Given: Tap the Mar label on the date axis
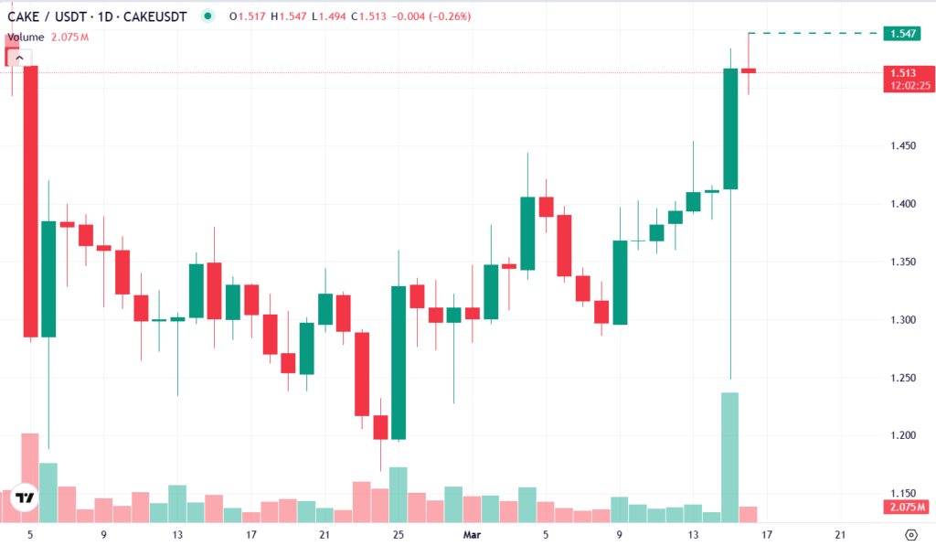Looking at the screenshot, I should pyautogui.click(x=472, y=535).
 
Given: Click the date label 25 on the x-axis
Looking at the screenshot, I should pyautogui.click(x=398, y=535).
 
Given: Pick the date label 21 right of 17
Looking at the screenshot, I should pyautogui.click(x=840, y=535).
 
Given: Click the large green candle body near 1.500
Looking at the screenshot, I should pyautogui.click(x=730, y=128).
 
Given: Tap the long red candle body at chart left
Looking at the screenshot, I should pyautogui.click(x=30, y=201).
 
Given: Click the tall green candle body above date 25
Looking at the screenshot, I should pyautogui.click(x=399, y=362).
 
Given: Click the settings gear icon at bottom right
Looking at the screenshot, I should pyautogui.click(x=910, y=535).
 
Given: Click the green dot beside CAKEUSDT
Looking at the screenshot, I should pyautogui.click(x=208, y=16).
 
